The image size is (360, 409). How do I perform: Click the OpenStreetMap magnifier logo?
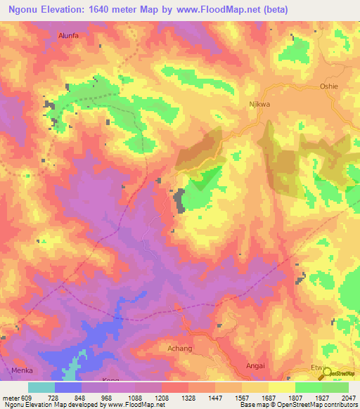click(x=328, y=374)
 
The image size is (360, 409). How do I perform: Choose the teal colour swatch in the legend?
click(x=41, y=387)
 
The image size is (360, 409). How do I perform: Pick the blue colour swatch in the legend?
click(x=68, y=387)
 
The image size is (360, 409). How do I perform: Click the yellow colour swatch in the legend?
click(x=282, y=387)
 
